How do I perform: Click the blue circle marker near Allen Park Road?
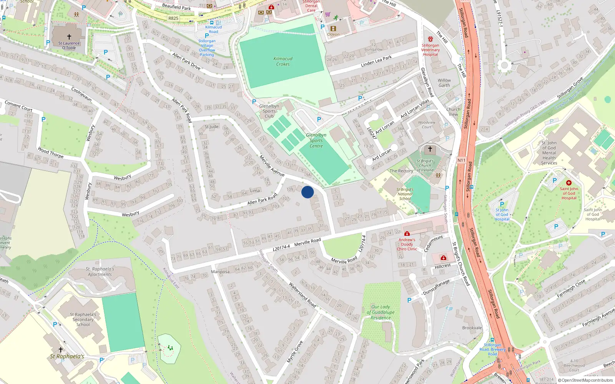pyautogui.click(x=307, y=192)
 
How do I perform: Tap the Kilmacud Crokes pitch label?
pyautogui.click(x=283, y=61)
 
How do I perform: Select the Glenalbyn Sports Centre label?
pyautogui.click(x=316, y=141)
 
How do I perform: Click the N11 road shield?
pyautogui.click(x=461, y=161)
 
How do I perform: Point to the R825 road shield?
pyautogui.click(x=173, y=18)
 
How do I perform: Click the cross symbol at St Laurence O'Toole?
pyautogui.click(x=69, y=37)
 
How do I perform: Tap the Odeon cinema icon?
pyautogui.click(x=333, y=28)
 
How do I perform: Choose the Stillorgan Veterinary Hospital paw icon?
pyautogui.click(x=430, y=39)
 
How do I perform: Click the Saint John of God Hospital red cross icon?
pyautogui.click(x=568, y=183)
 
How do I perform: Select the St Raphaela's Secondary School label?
pyautogui.click(x=83, y=319)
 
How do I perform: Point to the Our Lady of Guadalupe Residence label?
pyautogui.click(x=381, y=312)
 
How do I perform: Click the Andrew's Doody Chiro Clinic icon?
pyautogui.click(x=407, y=233)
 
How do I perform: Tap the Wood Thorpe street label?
pyautogui.click(x=51, y=152)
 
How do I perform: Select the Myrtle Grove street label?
pyautogui.click(x=295, y=352)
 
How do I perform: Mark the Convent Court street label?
pyautogui.click(x=18, y=106)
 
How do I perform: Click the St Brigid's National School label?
pyautogui.click(x=405, y=194)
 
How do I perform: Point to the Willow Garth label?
pyautogui.click(x=444, y=83)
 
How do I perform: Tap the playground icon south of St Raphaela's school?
pyautogui.click(x=170, y=348)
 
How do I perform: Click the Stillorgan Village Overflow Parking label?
pyautogui.click(x=207, y=48)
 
